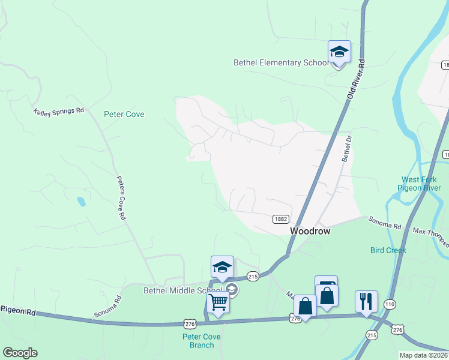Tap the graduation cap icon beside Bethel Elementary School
339,53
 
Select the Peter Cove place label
124,114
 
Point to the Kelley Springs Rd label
59,112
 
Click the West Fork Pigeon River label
421,184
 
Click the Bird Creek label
388,250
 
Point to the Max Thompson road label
429,235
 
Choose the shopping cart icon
218,302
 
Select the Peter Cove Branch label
202,341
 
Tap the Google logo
20,353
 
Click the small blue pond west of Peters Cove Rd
81,202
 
